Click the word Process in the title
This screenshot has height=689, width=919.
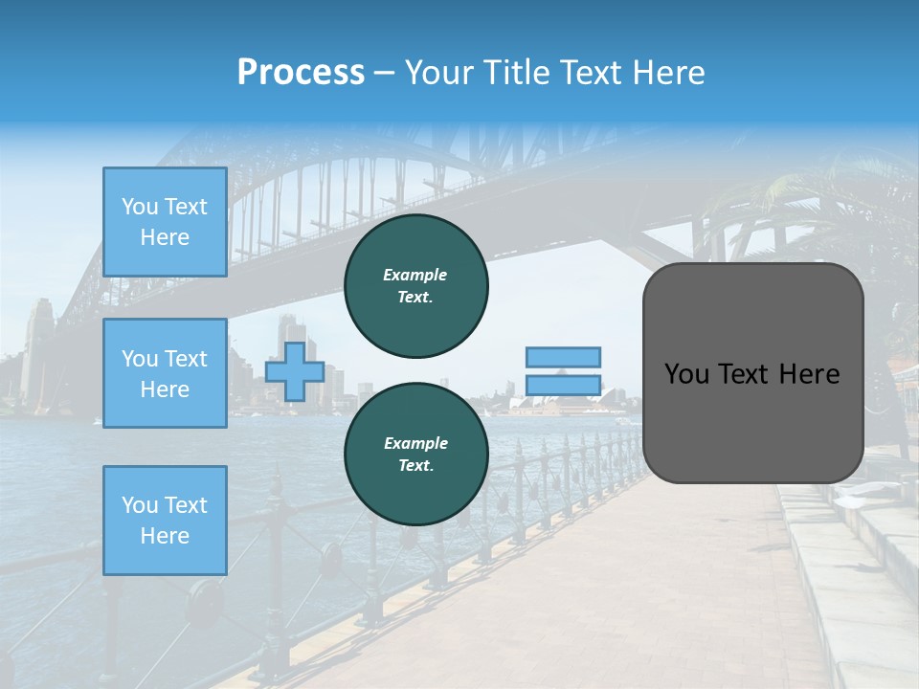click(x=301, y=73)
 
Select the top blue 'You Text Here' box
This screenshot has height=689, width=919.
click(x=165, y=222)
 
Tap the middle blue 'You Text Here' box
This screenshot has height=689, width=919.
click(x=165, y=373)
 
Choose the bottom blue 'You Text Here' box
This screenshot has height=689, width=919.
click(x=165, y=521)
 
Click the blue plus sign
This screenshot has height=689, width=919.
click(x=294, y=372)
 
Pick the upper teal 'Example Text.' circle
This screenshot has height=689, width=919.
click(x=415, y=286)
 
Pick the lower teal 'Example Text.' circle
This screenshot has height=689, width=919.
click(x=415, y=455)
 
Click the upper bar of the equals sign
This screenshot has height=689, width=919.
click(x=563, y=357)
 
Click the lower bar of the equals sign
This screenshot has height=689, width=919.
click(x=563, y=386)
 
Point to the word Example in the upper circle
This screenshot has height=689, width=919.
click(x=415, y=275)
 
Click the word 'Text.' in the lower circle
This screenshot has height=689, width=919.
click(x=415, y=466)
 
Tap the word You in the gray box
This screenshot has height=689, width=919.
click(x=685, y=374)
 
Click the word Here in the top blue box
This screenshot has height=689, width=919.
click(x=165, y=237)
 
